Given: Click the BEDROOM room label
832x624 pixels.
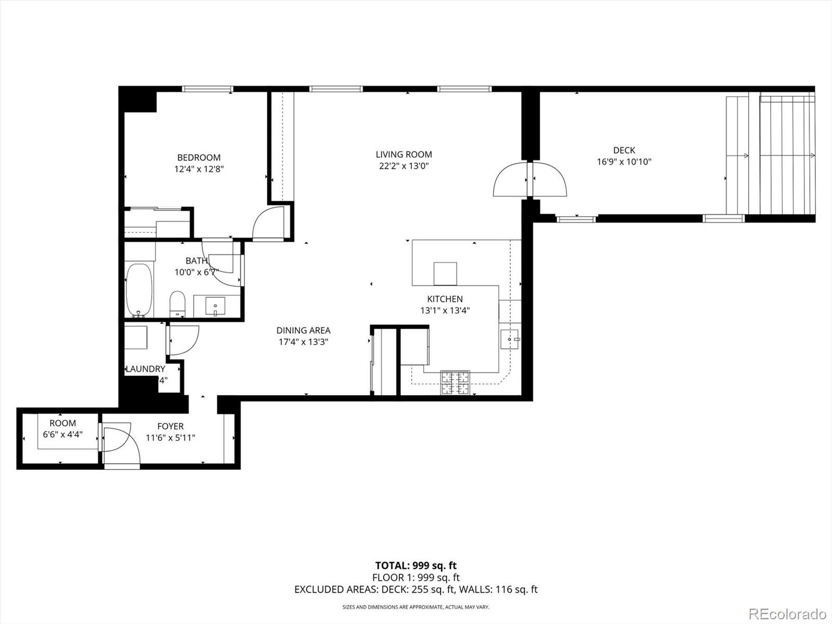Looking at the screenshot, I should coord(199,158).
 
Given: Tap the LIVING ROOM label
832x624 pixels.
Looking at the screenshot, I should coord(404,154).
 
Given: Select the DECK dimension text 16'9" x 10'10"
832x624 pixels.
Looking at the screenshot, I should coord(624,162).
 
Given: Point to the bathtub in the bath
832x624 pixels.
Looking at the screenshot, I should coord(139,290).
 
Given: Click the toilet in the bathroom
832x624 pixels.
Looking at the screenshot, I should coord(178,304).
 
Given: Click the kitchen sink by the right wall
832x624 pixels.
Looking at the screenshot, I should coord(510,339).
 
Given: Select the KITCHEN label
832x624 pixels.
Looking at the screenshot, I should coord(445,299).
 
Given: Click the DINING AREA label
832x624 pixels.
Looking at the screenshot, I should coord(303,330).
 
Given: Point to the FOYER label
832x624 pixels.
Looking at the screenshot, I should coord(171,426).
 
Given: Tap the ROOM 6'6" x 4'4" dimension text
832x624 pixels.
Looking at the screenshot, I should coord(62,434).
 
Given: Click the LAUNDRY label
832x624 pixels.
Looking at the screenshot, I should coord(146,369).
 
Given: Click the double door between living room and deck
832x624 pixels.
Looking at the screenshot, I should coord(530,180).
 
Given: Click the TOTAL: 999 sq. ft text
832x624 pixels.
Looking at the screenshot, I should coord(416,566).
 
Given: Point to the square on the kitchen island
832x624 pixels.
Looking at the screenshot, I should coord(445,274).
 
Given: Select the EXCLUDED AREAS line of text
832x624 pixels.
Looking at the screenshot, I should coord(416,590).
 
